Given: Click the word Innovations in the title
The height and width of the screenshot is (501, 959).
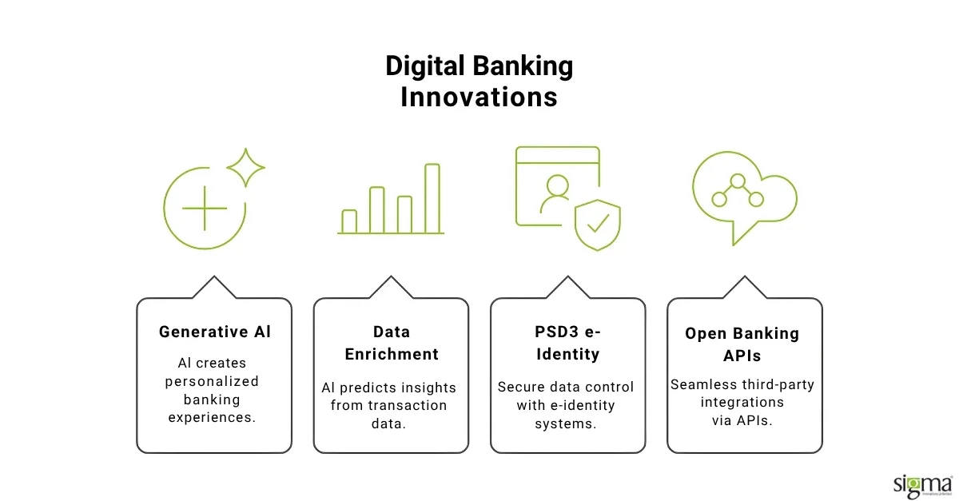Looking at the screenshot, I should pos(479,97).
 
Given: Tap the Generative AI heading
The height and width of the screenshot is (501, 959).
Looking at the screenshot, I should pos(214,332).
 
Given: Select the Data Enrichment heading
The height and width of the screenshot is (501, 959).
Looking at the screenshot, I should pos(391,342).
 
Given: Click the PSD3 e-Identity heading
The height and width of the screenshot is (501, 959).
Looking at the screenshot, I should pos(567,342).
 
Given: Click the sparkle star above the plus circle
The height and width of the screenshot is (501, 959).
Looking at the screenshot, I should pos(245,166).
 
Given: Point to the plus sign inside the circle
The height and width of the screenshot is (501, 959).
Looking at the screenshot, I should pos(205,208).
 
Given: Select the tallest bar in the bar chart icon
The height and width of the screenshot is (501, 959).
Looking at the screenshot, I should pos(432,198).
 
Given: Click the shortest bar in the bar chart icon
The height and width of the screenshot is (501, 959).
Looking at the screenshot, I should pos(349,221).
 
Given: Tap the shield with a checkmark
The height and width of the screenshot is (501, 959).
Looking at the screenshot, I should pos(598,225).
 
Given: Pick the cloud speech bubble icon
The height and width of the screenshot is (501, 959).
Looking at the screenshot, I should pos(743,196).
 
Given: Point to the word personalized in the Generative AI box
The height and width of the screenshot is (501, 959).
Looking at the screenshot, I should pos(212,381).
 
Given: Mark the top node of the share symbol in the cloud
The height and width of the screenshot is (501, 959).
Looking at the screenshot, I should pos(738,181).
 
